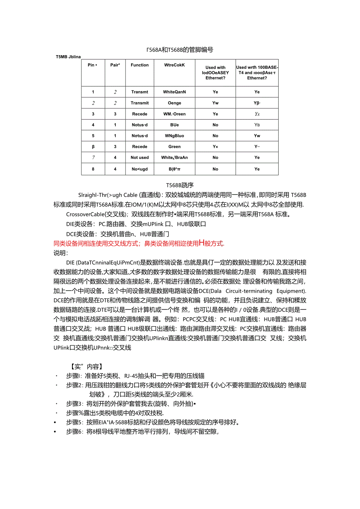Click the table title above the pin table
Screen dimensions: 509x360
(180, 50)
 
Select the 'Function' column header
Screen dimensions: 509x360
(140, 65)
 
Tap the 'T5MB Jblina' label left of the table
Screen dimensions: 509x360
(68, 57)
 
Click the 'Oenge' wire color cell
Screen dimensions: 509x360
(175, 103)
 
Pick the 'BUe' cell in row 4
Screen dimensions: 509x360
(175, 125)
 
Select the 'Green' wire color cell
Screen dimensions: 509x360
(175, 147)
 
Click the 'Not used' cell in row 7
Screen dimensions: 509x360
(140, 158)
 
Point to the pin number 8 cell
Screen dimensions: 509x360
(93, 169)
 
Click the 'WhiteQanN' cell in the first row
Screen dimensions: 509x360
(175, 92)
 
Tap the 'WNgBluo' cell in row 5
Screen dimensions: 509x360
(175, 136)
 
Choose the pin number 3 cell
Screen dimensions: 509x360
(93, 114)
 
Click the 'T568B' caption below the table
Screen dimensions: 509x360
(180, 185)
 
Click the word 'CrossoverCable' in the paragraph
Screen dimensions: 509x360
(85, 214)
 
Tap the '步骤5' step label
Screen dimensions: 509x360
(75, 422)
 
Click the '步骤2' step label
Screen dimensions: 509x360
(75, 385)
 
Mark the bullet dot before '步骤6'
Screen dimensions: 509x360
(56, 432)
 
